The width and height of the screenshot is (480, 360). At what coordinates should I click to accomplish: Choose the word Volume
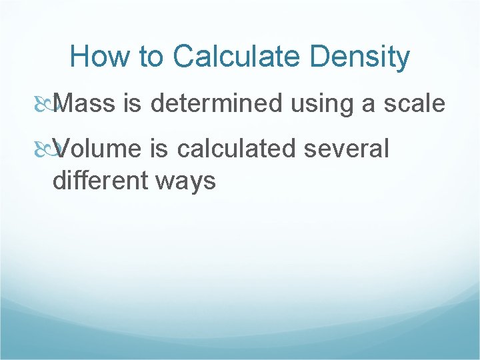(x=97, y=149)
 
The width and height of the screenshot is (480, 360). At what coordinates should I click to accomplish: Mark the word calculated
(x=239, y=149)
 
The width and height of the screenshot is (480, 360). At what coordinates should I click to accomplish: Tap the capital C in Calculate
(x=184, y=57)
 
